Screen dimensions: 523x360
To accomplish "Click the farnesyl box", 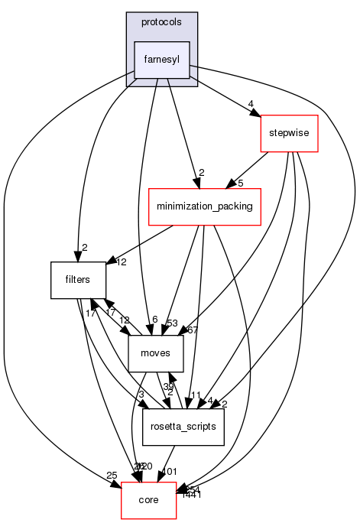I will coord(161,60).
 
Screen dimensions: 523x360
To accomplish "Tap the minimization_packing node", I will coord(206,206).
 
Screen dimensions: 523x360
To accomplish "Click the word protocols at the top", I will coord(161,21).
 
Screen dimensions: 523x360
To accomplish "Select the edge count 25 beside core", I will coord(112,476).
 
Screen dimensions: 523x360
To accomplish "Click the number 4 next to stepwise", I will coord(251,104).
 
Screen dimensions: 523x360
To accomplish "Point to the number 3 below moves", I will coord(141,395).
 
